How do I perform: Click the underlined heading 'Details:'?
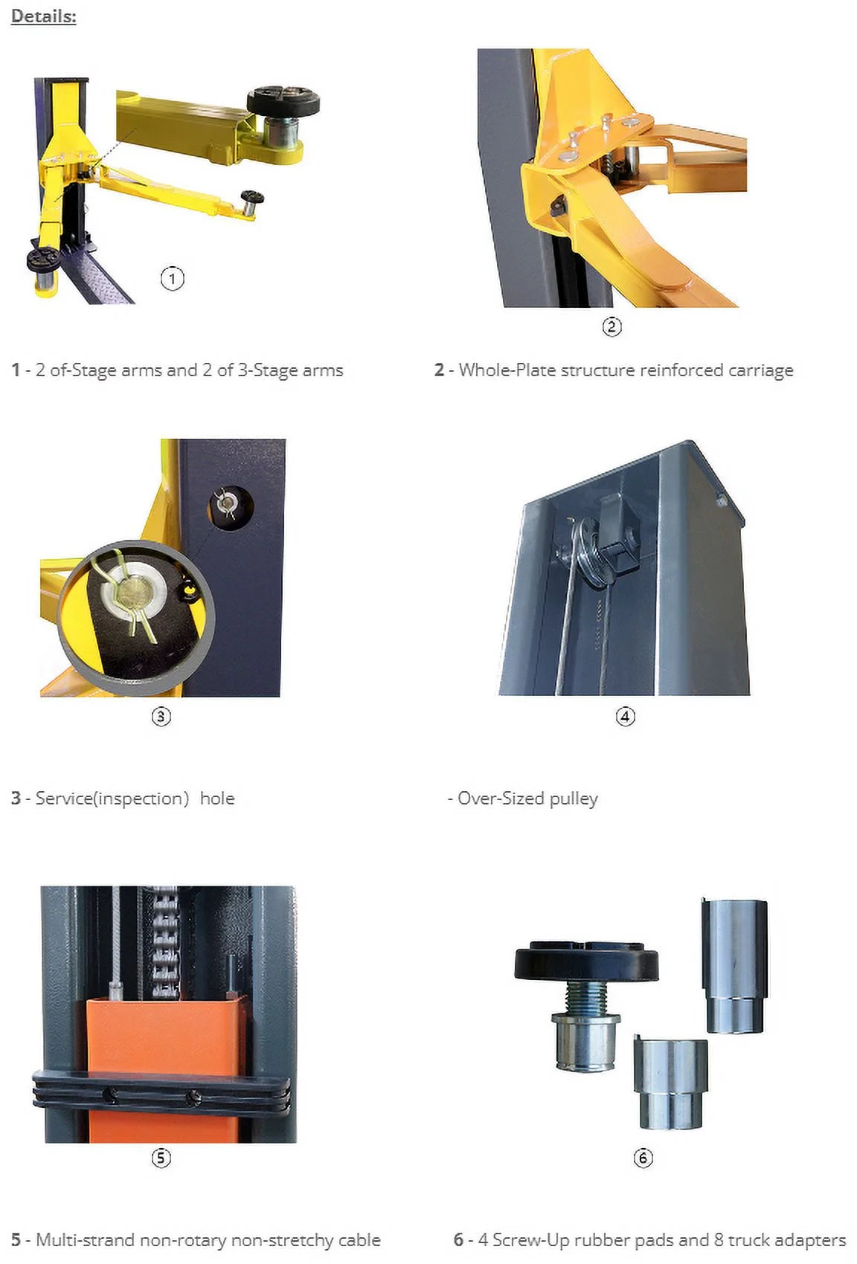(x=43, y=16)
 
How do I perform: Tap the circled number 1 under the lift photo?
(x=172, y=279)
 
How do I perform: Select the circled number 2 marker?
(x=612, y=326)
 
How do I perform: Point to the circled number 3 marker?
(x=161, y=716)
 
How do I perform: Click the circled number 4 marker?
(x=625, y=716)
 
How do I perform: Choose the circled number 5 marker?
(x=161, y=1158)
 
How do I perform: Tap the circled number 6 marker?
(x=643, y=1158)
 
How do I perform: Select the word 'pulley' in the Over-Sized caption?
(x=574, y=799)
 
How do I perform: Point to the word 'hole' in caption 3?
(x=217, y=799)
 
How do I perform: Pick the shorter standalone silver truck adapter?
(x=670, y=1082)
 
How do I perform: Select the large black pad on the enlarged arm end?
(x=283, y=99)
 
